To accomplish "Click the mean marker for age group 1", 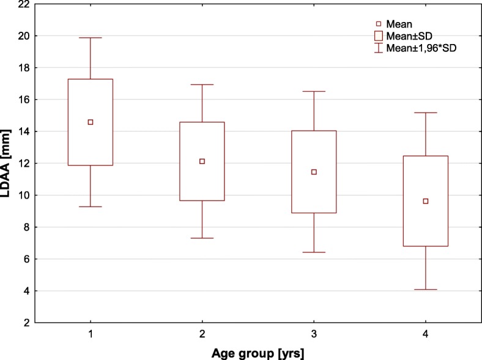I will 91,122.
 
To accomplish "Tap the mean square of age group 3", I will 314,172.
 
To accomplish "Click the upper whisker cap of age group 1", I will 91,38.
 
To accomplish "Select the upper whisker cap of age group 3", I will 314,91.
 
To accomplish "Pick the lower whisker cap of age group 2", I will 202,238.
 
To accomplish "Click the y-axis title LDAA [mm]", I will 8,163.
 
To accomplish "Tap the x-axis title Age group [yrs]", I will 258,352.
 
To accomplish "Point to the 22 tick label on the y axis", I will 23,4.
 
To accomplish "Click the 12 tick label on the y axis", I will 23,163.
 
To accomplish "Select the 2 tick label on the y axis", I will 25,323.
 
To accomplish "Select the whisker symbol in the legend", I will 379,48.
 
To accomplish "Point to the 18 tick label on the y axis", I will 23,68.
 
